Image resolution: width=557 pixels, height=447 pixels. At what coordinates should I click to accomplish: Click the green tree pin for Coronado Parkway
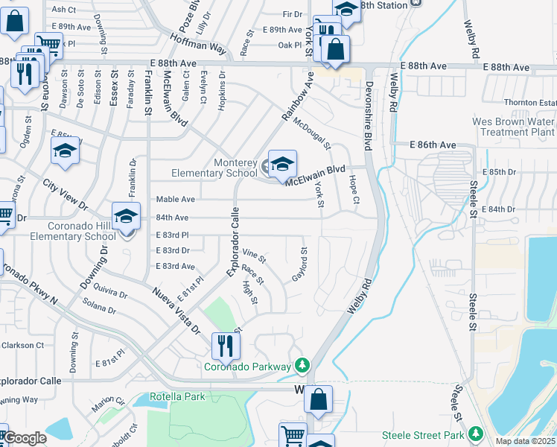(x=302, y=365)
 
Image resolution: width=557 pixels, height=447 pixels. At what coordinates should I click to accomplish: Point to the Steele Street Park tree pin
(x=475, y=434)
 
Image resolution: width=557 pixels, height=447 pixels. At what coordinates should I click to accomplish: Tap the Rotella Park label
(x=177, y=396)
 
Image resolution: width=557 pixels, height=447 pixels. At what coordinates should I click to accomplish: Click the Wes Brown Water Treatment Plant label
(x=513, y=127)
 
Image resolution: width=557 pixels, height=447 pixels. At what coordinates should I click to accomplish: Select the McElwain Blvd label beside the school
(x=316, y=175)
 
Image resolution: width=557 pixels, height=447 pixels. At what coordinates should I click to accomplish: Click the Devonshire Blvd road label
(x=368, y=112)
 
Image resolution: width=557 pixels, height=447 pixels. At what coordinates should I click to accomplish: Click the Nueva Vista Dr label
(x=176, y=308)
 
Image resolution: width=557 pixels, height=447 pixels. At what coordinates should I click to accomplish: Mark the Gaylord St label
(x=300, y=264)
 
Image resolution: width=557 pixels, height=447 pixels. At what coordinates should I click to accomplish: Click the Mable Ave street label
(x=175, y=200)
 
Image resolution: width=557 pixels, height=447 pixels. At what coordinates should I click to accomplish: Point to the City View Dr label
(x=65, y=194)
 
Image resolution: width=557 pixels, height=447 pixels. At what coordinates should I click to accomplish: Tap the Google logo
(x=25, y=438)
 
